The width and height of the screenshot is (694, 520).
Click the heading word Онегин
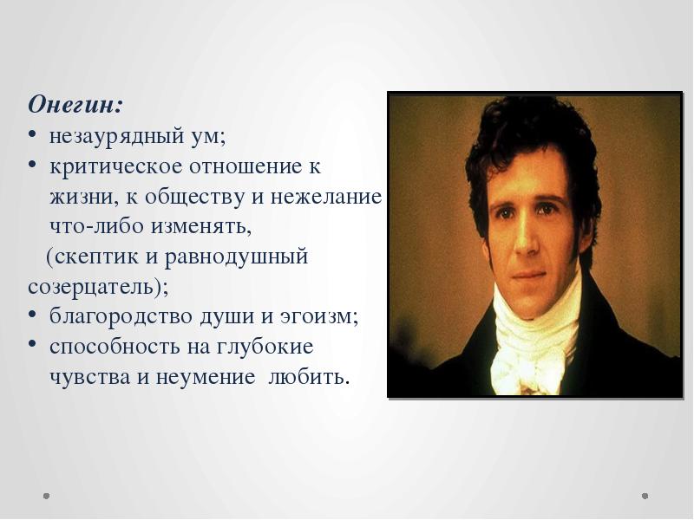[75, 105]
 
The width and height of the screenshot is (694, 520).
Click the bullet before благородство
[32, 316]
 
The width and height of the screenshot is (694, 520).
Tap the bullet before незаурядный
[32, 136]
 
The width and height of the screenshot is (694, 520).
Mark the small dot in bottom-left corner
[47, 496]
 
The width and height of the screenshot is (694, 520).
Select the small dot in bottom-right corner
[645, 496]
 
